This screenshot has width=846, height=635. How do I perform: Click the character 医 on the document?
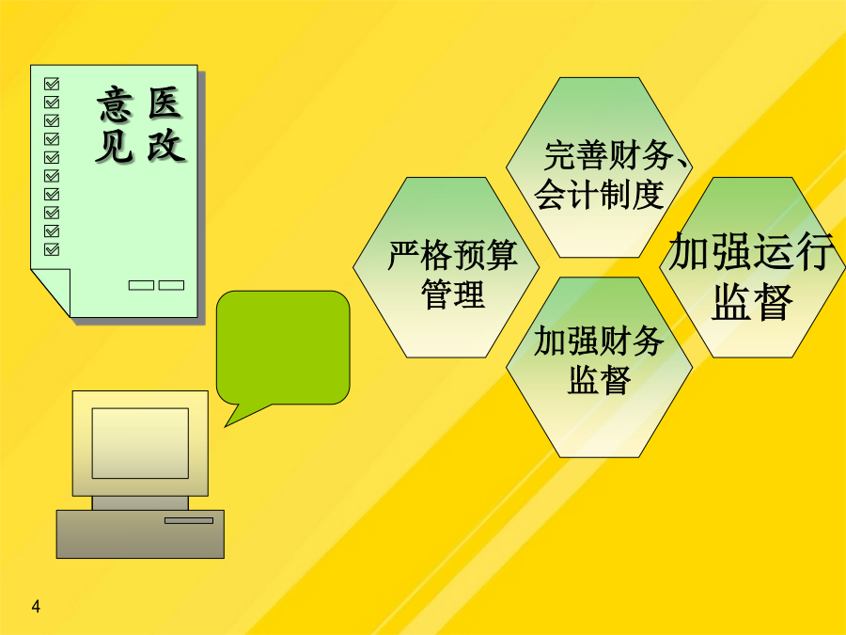pos(165,103)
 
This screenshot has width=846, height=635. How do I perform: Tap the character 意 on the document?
pos(115,104)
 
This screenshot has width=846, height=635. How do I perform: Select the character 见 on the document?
pos(115,146)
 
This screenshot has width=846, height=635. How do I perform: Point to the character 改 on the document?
pos(165,145)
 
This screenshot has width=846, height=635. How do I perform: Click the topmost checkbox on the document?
pos(52,84)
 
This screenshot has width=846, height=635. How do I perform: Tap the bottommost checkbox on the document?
pos(52,249)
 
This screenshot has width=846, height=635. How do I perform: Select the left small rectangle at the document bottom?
pos(141,285)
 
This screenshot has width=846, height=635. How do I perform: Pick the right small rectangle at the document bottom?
pos(172,285)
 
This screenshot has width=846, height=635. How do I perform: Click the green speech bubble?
pos(283,348)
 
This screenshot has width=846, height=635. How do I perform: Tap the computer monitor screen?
pos(140,443)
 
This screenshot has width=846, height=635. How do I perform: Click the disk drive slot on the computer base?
pos(189,520)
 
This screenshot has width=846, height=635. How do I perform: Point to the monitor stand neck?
pos(140,503)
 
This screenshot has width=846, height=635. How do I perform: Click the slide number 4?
pos(36,607)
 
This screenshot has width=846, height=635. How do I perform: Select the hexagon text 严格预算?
pos(453,255)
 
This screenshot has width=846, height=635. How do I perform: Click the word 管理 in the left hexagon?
pos(453,294)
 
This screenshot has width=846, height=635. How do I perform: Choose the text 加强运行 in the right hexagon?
pos(751,251)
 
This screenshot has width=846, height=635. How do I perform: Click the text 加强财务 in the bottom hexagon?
pos(599,341)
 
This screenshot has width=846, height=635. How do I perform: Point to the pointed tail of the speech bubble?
pos(226,426)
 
